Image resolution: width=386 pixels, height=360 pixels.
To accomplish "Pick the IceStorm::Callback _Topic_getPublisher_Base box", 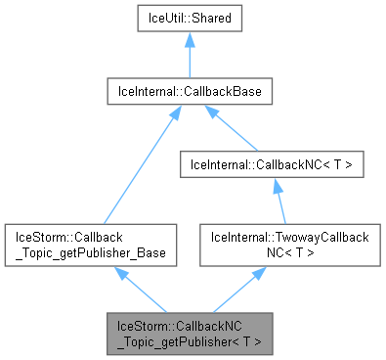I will pos(90,245).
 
